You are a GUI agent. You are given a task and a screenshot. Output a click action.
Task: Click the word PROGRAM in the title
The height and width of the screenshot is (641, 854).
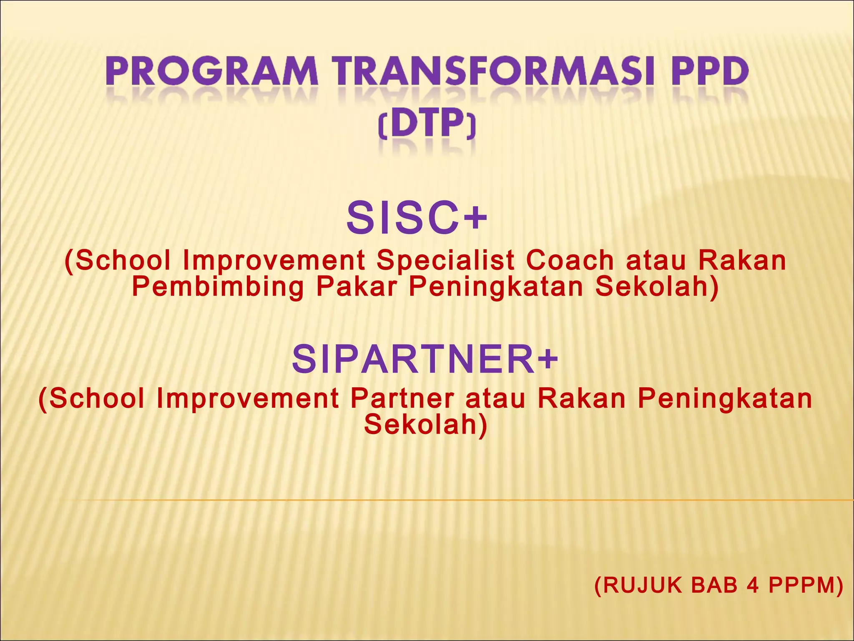[x=212, y=72]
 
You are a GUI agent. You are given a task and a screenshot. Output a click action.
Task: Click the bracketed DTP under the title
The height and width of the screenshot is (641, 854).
[x=427, y=124]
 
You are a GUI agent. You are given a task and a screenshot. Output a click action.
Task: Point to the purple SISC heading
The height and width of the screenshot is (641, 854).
[x=402, y=218]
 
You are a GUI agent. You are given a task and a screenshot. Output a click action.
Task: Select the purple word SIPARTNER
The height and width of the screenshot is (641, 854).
[x=413, y=359]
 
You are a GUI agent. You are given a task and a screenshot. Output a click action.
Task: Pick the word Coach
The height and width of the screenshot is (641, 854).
[x=570, y=260]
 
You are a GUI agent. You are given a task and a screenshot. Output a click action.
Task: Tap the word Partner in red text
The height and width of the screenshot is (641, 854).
[x=402, y=398]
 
